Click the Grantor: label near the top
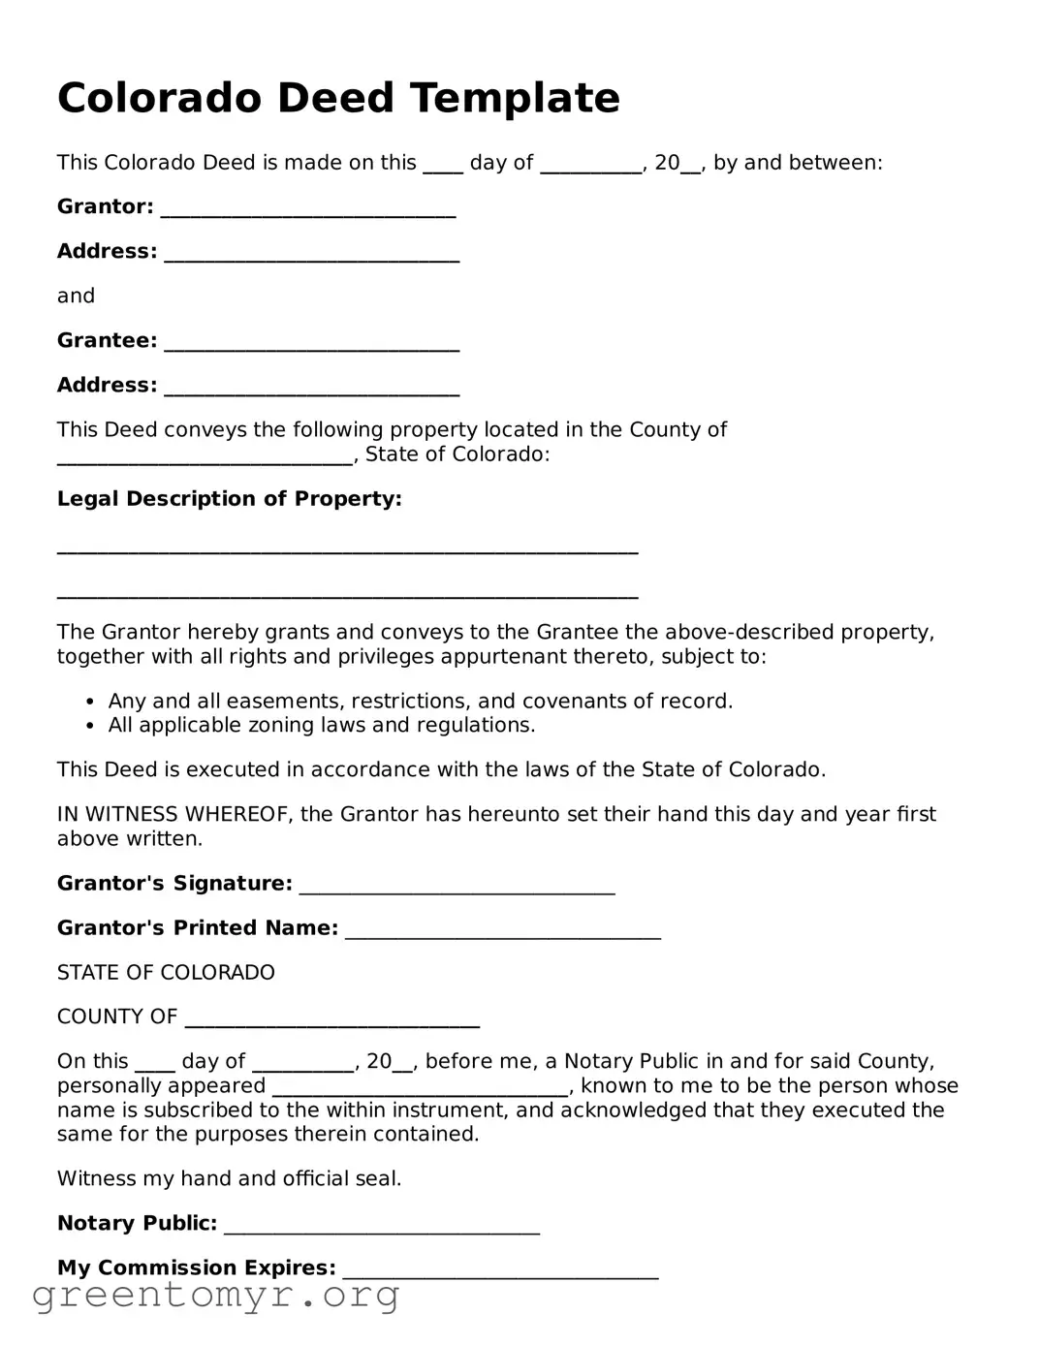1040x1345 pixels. coord(105,206)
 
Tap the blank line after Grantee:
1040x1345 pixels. coord(311,347)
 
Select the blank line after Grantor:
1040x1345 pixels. coord(307,213)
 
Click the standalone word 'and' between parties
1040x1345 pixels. coord(76,296)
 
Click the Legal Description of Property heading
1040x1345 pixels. coord(229,499)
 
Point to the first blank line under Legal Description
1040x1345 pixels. coord(347,551)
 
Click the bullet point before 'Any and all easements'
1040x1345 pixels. coord(90,702)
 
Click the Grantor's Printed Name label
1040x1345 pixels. coord(198,928)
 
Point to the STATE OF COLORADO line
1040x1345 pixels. coord(166,973)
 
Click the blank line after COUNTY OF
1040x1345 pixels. coord(331,1023)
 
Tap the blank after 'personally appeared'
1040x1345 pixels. coord(420,1092)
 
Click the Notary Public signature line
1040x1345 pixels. coord(381,1231)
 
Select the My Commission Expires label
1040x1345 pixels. coord(197,1267)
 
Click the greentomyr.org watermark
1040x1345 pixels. coord(215,1296)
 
